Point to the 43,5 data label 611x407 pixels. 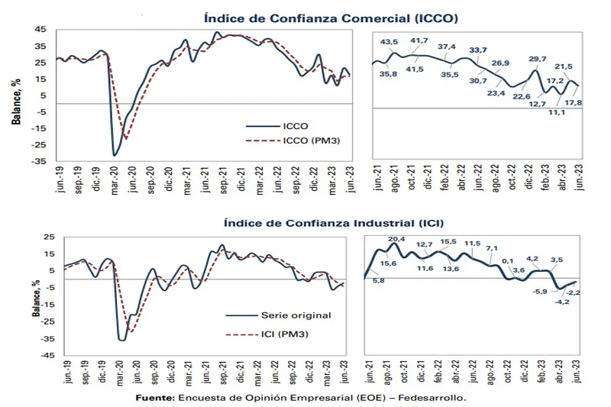tap(390, 42)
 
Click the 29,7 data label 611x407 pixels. tap(538, 59)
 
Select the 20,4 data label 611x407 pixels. tap(396, 239)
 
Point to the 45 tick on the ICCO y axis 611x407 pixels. tap(41, 30)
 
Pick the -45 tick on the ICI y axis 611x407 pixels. tap(39, 355)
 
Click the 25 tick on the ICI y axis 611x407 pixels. tap(41, 237)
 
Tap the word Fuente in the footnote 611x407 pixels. tap(154, 398)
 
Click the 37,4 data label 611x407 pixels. tap(447, 47)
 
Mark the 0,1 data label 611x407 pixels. tap(508, 261)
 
